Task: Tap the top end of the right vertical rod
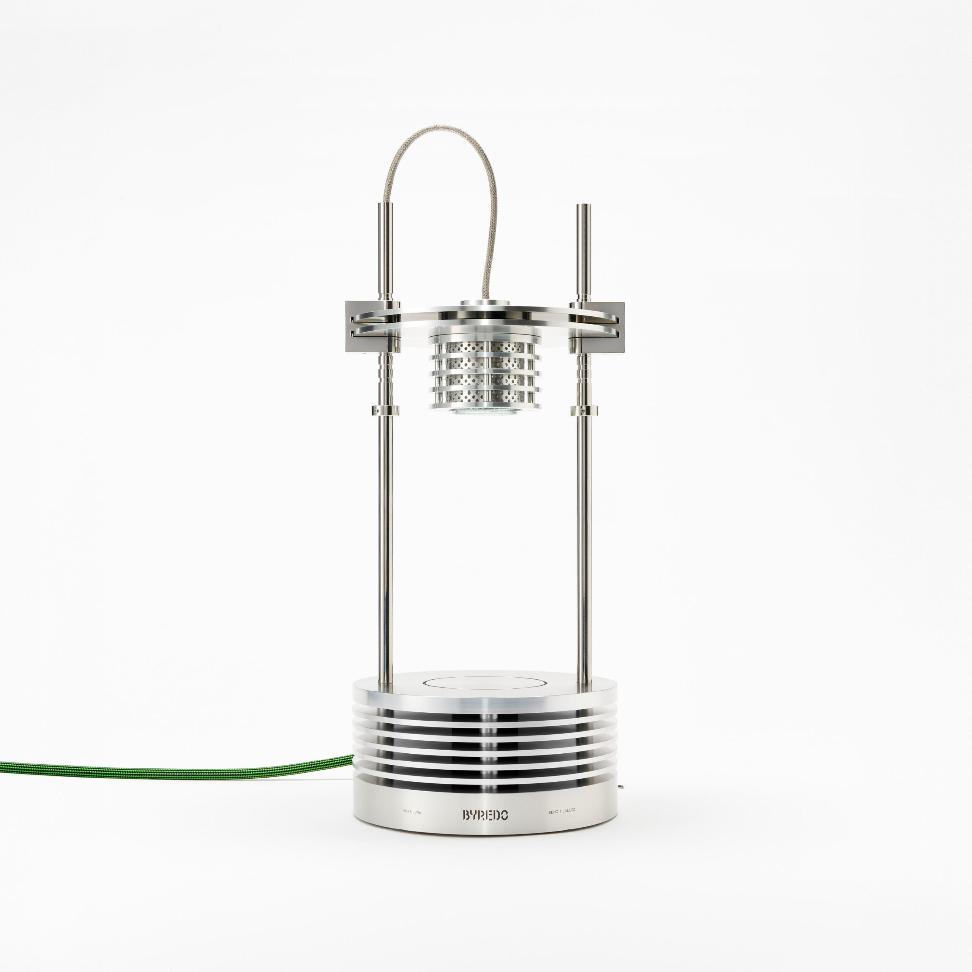tap(584, 205)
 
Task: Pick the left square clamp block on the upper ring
tap(373, 326)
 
